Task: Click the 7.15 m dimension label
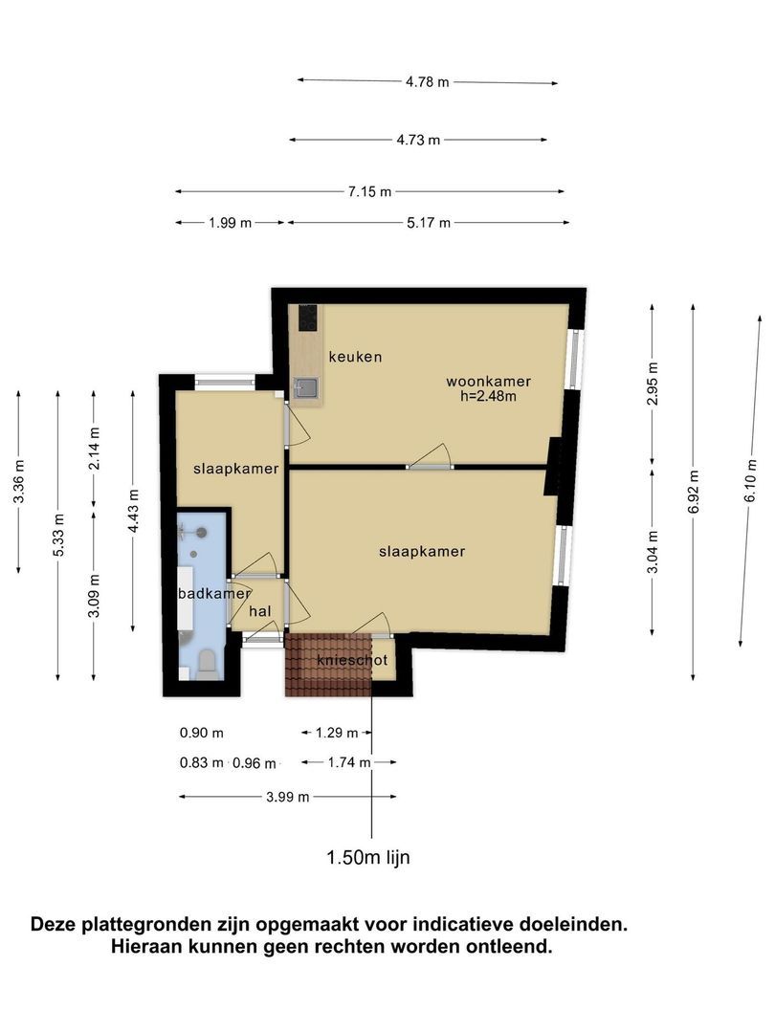(369, 191)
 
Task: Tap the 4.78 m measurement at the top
(427, 81)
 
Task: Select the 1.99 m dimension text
(230, 223)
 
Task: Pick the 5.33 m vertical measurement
(58, 534)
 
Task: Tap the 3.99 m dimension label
(287, 797)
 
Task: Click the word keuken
(355, 357)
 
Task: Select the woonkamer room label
(488, 381)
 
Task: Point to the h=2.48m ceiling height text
(488, 396)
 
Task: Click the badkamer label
(214, 594)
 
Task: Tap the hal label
(259, 611)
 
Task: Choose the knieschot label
(352, 660)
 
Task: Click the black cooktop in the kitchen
(308, 319)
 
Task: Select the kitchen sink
(306, 388)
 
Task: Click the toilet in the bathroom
(208, 664)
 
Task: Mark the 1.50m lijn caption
(368, 857)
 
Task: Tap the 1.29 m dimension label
(337, 733)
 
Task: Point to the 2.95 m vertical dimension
(653, 385)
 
